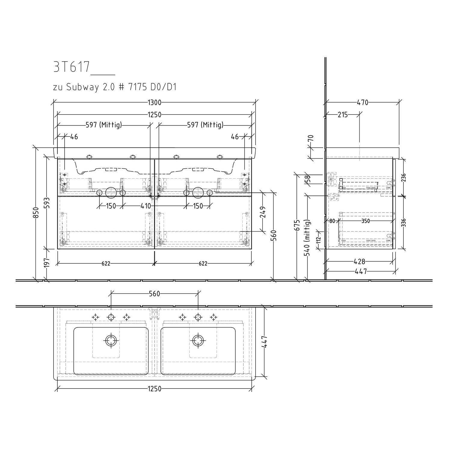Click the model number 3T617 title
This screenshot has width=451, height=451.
(x=72, y=67)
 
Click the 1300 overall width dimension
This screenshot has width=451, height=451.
(x=155, y=103)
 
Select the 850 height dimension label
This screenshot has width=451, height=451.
(x=35, y=213)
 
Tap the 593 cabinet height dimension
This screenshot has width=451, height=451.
(x=47, y=201)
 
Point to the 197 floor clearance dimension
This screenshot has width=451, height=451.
(x=47, y=262)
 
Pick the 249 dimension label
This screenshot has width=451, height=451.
(x=263, y=212)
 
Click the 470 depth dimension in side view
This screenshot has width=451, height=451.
(x=362, y=103)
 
